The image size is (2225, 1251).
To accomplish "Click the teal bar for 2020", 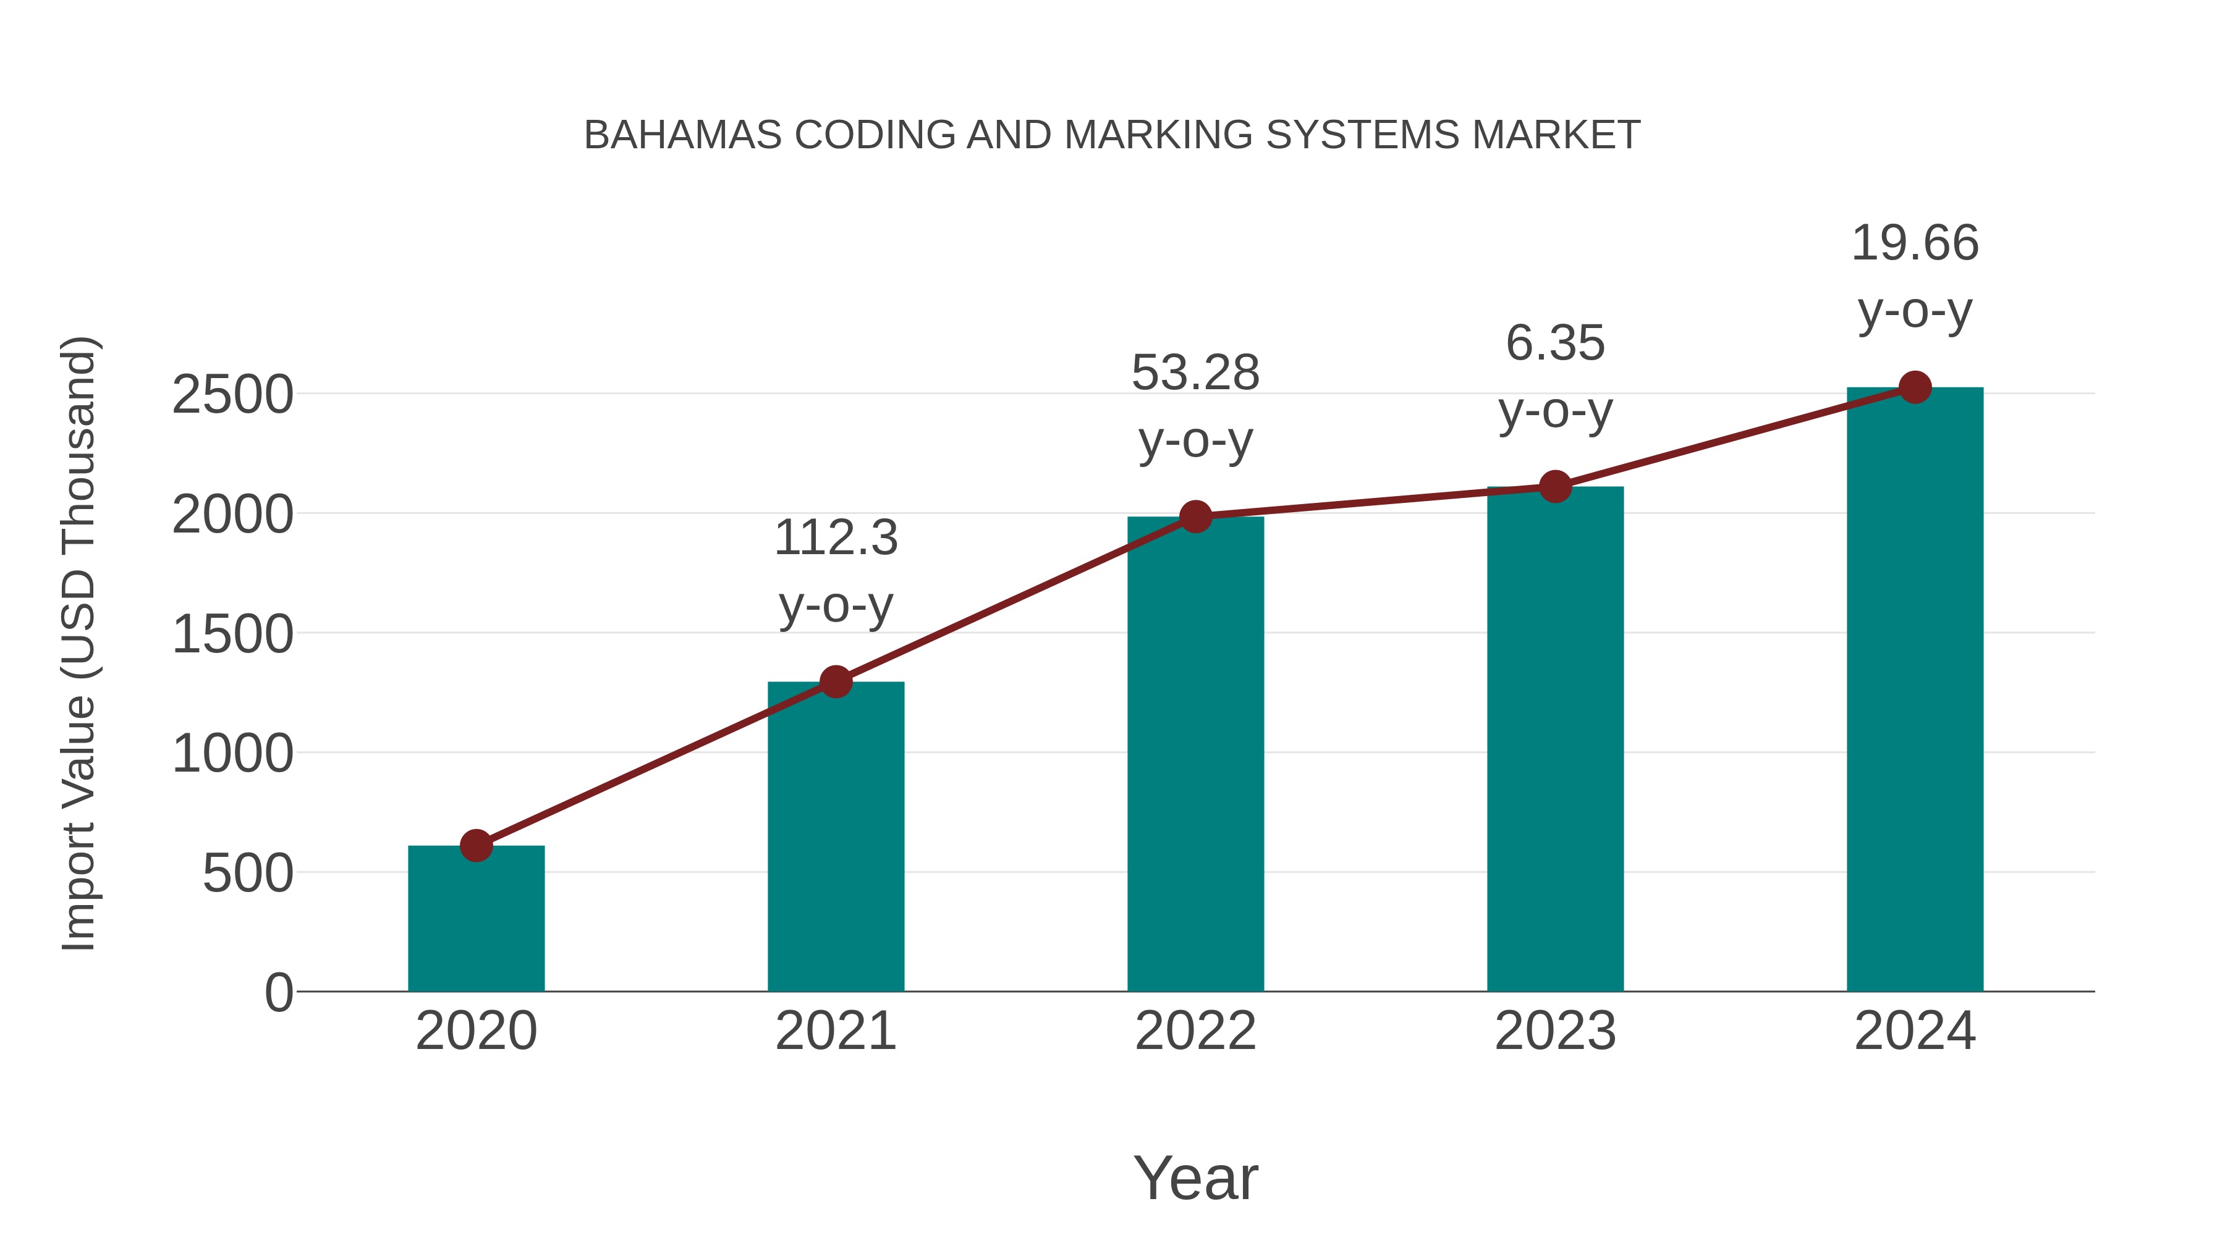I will pos(476,919).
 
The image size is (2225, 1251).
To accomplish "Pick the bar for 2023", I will pos(1555,739).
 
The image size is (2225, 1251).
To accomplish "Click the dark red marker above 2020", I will pos(476,845).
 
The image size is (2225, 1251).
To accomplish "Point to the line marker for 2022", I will pos(1195,516).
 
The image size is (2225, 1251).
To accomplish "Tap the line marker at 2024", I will pos(1915,387).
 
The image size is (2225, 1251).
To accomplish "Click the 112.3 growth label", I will pos(835,538).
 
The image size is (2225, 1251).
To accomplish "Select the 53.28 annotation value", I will pos(1195,373).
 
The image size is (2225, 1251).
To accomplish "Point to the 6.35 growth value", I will pos(1555,343).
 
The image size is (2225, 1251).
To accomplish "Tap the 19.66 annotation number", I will pos(1915,243).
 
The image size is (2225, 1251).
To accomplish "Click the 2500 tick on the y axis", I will pos(232,395).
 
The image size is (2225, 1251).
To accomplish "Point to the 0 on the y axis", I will pos(278,993).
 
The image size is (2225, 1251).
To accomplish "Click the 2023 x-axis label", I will pos(1555,1031).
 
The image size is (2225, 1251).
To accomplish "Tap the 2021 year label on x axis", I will pos(835,1031).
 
